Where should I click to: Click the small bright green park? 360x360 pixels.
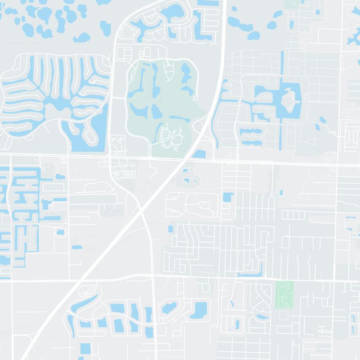284,294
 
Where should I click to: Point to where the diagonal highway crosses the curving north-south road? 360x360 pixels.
141,206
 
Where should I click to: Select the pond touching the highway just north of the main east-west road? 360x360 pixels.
199,154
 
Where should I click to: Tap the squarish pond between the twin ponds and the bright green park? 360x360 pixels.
228,197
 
